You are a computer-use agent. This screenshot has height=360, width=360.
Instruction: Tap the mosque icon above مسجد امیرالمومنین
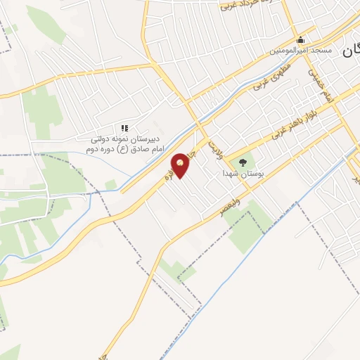(301, 39)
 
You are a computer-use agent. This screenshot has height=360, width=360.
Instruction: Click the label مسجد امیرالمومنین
(302, 51)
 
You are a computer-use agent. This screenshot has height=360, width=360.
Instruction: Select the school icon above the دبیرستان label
(124, 127)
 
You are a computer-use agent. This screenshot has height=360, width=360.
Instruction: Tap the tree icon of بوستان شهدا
(243, 161)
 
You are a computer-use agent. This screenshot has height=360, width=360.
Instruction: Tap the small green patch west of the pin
(110, 185)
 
